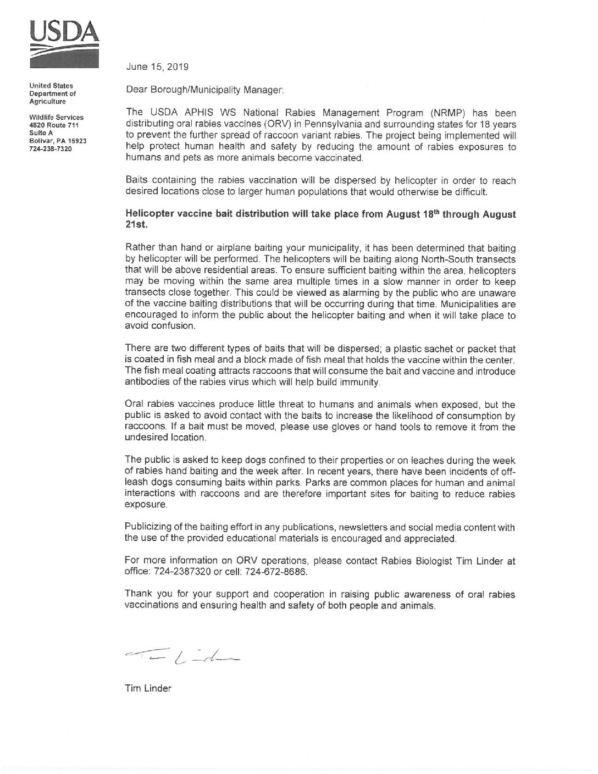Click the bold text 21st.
coord(134,225)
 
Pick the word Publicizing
coord(150,528)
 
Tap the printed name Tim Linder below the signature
coord(148,688)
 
